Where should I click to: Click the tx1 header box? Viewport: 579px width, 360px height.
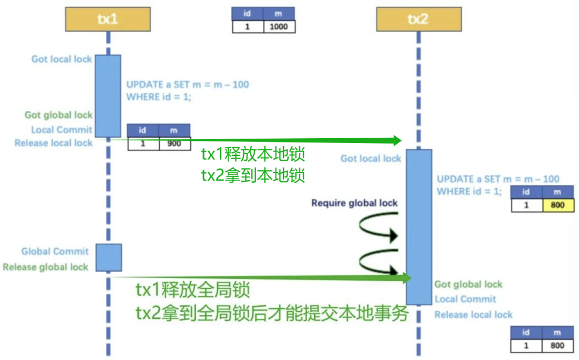coord(108,19)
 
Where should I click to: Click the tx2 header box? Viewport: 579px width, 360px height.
coord(418,19)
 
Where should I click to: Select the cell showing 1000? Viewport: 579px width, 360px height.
coord(279,26)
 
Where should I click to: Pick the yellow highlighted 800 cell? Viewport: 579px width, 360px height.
coord(558,205)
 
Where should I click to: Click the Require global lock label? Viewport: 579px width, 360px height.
coord(354,203)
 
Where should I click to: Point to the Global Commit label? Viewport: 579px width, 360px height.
coord(55,251)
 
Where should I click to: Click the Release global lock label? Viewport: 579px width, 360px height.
coord(46,267)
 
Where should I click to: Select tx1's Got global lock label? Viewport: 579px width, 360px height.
coord(58,115)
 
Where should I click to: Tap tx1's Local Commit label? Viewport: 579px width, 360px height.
coord(62,129)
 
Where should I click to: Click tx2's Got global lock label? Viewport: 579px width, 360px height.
coord(468,284)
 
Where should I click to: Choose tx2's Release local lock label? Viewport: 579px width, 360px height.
coord(473,314)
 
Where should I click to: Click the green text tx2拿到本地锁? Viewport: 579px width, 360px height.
coord(253,175)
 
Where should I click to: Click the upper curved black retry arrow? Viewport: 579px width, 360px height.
coord(380,228)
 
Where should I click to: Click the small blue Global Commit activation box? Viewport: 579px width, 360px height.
coord(108,258)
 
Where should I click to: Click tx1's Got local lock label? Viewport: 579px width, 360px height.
coord(62,59)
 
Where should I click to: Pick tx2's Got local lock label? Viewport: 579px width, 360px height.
coord(370,158)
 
